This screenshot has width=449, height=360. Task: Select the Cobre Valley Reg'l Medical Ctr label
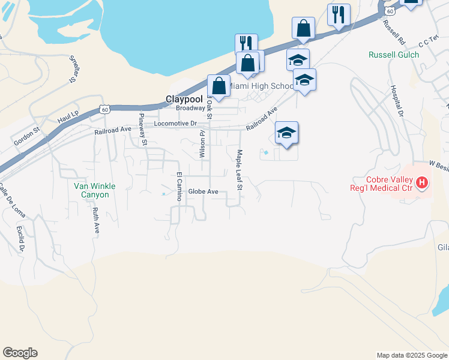click(x=391, y=184)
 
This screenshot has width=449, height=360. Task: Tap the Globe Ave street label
click(x=202, y=192)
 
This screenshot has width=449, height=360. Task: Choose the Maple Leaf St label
click(x=239, y=170)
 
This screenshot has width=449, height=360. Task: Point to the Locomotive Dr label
click(x=175, y=124)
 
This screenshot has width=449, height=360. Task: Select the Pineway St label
click(x=143, y=130)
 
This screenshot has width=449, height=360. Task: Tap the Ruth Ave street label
click(x=96, y=220)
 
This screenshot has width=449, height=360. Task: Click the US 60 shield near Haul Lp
click(x=105, y=109)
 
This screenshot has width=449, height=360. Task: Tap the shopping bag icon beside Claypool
click(x=219, y=85)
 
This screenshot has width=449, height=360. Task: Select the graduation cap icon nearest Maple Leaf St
click(x=286, y=133)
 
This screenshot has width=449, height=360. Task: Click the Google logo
click(x=20, y=353)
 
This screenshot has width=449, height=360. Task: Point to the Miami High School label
click(x=262, y=86)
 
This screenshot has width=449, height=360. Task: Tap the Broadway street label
click(x=190, y=109)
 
